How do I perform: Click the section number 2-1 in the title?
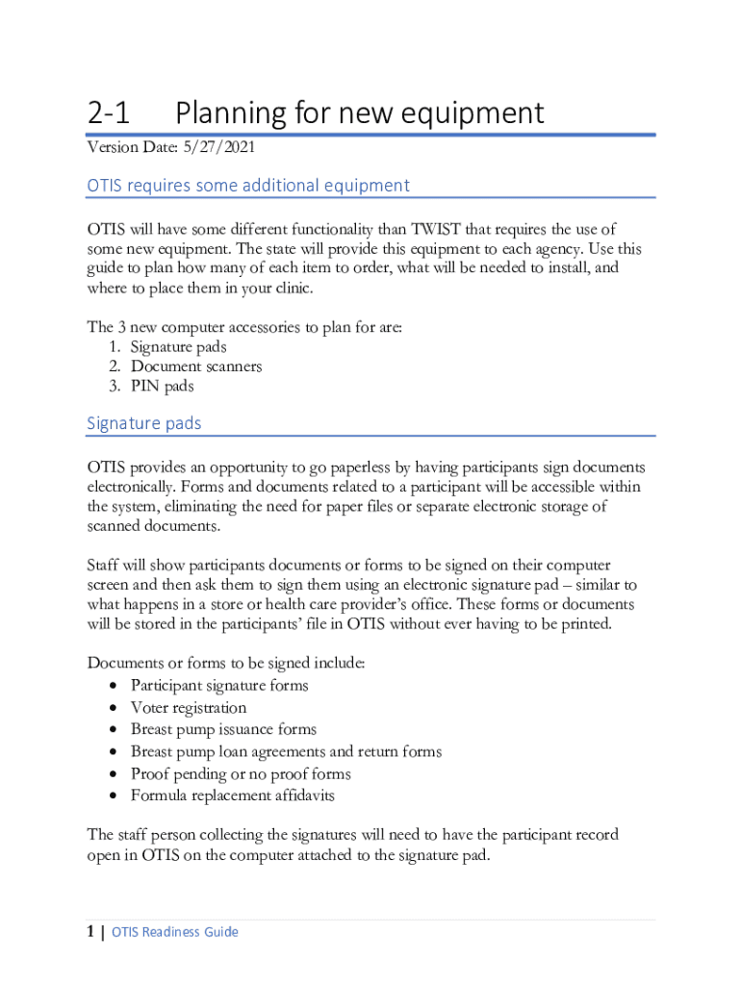tap(108, 114)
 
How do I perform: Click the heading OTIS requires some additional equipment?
tap(248, 186)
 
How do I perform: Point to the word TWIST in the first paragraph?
tap(444, 230)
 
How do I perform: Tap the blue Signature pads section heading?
tap(144, 423)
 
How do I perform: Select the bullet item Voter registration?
tap(189, 708)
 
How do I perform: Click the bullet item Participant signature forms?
tap(219, 686)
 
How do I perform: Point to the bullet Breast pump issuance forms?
tap(223, 730)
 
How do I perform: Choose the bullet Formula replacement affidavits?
tap(233, 796)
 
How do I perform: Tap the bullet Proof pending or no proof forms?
tap(241, 774)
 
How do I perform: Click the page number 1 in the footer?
tap(90, 931)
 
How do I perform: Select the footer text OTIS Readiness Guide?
tap(175, 932)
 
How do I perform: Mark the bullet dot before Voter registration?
tap(115, 709)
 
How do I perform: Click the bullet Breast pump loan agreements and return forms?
tap(286, 752)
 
